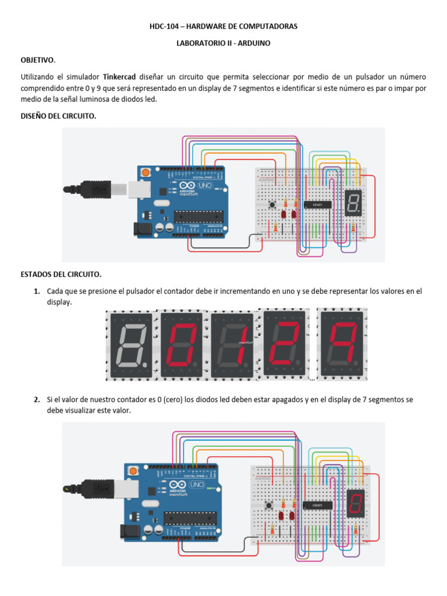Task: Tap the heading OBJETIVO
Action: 38,60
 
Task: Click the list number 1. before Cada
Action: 37,290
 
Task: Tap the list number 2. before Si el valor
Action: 37,399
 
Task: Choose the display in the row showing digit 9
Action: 342,345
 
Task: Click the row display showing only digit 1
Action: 232,346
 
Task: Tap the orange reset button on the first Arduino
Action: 144,173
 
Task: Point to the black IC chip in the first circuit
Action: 314,204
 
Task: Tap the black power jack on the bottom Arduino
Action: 129,530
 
